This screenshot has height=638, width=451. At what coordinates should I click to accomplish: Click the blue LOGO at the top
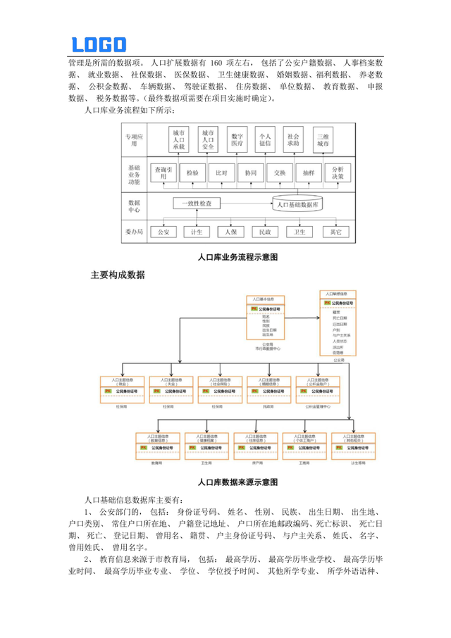[99, 44]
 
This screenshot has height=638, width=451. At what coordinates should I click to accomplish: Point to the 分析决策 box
[336, 173]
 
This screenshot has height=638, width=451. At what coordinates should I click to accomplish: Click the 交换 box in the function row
[279, 173]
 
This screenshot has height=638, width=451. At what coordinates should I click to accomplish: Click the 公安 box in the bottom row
[163, 231]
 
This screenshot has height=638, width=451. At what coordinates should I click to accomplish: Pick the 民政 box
[264, 231]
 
